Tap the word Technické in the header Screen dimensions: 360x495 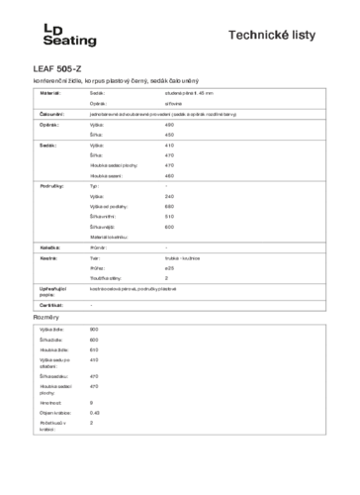pos(260,35)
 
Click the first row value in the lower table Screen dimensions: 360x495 pos(93,329)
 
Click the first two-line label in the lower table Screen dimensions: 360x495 pos(53,361)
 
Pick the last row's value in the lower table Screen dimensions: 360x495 pos(91,423)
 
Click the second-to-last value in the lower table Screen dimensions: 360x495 pos(93,411)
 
